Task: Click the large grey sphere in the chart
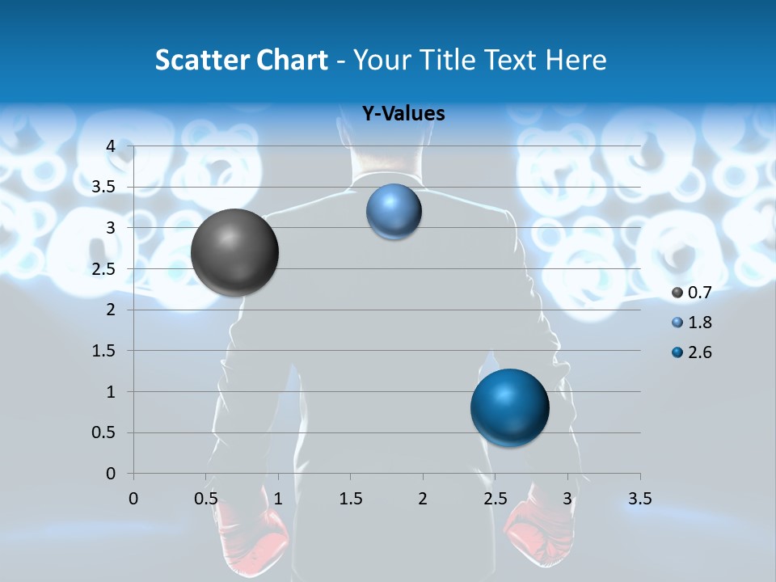tap(234, 252)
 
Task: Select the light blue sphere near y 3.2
tap(394, 211)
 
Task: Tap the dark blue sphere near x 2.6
tap(509, 407)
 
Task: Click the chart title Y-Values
tap(403, 114)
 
